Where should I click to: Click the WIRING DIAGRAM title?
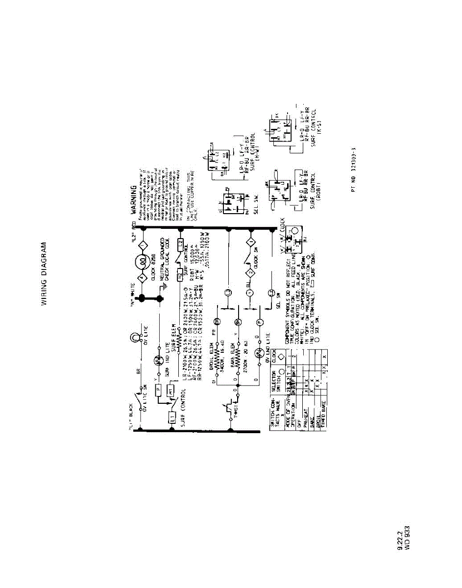pyautogui.click(x=45, y=273)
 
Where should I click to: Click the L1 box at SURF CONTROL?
pyautogui.click(x=172, y=417)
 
